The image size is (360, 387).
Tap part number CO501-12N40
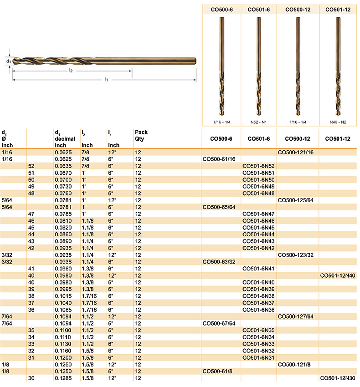(x=338, y=275)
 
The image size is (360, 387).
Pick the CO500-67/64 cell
(x=219, y=323)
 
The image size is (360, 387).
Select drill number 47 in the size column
(x=31, y=213)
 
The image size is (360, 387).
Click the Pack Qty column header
(x=141, y=135)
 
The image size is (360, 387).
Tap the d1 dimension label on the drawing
(x=9, y=61)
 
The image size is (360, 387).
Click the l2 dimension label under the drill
(x=71, y=71)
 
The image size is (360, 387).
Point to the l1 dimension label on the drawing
(x=106, y=80)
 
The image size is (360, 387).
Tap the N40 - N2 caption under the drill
(x=338, y=122)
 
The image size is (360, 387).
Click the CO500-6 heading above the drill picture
(x=222, y=9)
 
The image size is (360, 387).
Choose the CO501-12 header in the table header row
(x=338, y=138)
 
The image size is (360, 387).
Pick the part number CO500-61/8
(x=217, y=372)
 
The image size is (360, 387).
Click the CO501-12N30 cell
(x=338, y=378)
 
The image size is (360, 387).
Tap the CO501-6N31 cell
(x=258, y=357)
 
